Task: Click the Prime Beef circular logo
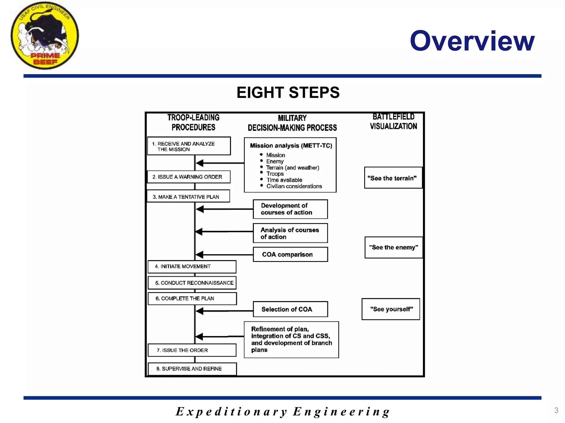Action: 45,36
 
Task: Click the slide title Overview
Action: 472,41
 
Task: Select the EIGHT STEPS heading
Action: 288,93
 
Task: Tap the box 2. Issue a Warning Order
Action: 189,177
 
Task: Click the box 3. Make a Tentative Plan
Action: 188,197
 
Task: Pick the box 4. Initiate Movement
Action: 192,267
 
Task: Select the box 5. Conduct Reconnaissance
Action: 192,283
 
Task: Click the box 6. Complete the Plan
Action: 192,299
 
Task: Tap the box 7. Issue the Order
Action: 192,350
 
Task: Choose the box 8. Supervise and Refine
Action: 192,369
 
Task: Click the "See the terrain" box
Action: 393,178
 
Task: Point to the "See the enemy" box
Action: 393,247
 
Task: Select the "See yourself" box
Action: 391,309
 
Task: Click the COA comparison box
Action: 290,254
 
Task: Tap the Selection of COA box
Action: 290,309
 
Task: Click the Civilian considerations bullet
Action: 294,186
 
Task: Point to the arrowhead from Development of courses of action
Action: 200,209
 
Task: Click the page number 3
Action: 556,410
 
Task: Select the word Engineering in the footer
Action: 341,412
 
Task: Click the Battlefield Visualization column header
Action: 393,121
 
